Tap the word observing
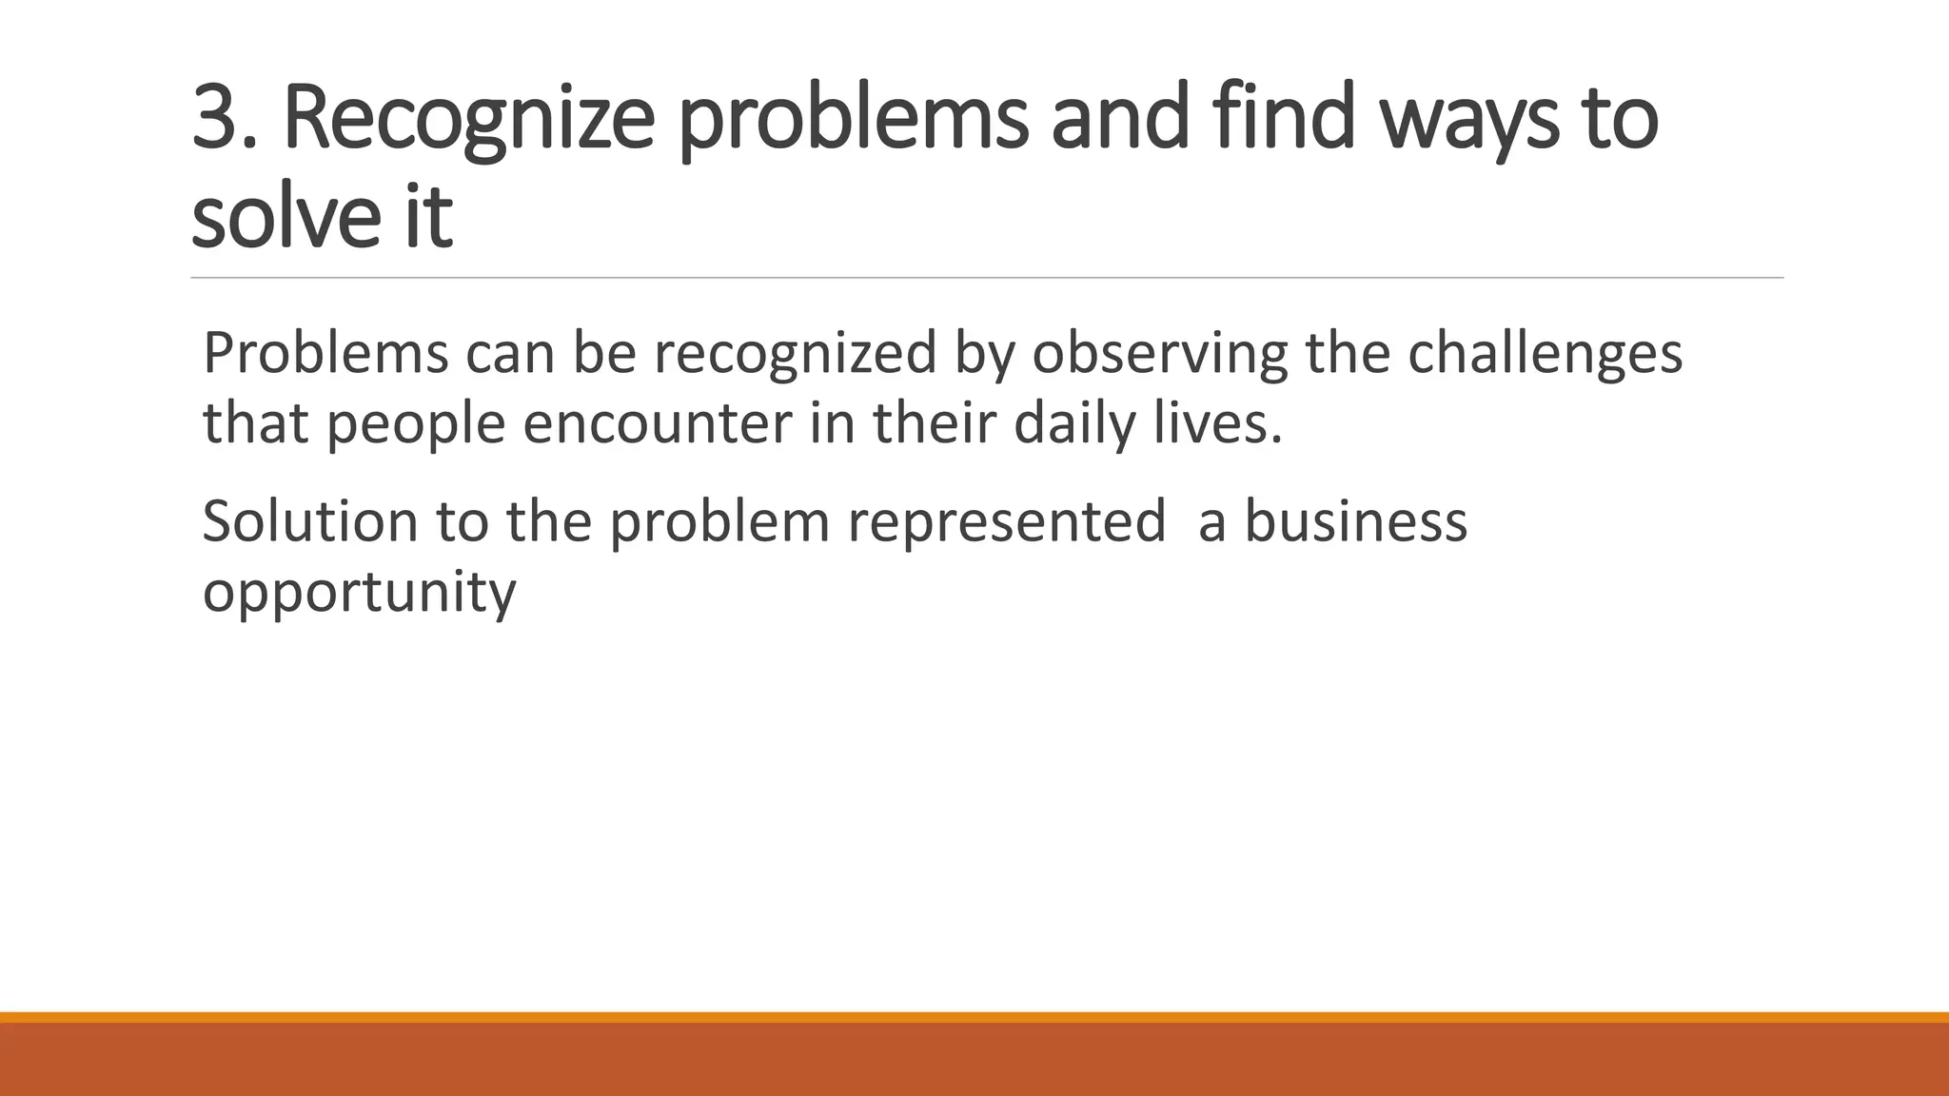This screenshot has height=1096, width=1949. pos(1159,352)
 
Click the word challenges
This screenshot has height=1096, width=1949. pos(1545,352)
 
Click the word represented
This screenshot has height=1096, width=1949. pos(1006,521)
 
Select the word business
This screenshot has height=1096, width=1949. pos(1356,521)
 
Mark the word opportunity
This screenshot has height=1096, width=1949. pos(360,593)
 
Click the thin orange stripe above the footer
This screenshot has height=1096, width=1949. pos(974,1017)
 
